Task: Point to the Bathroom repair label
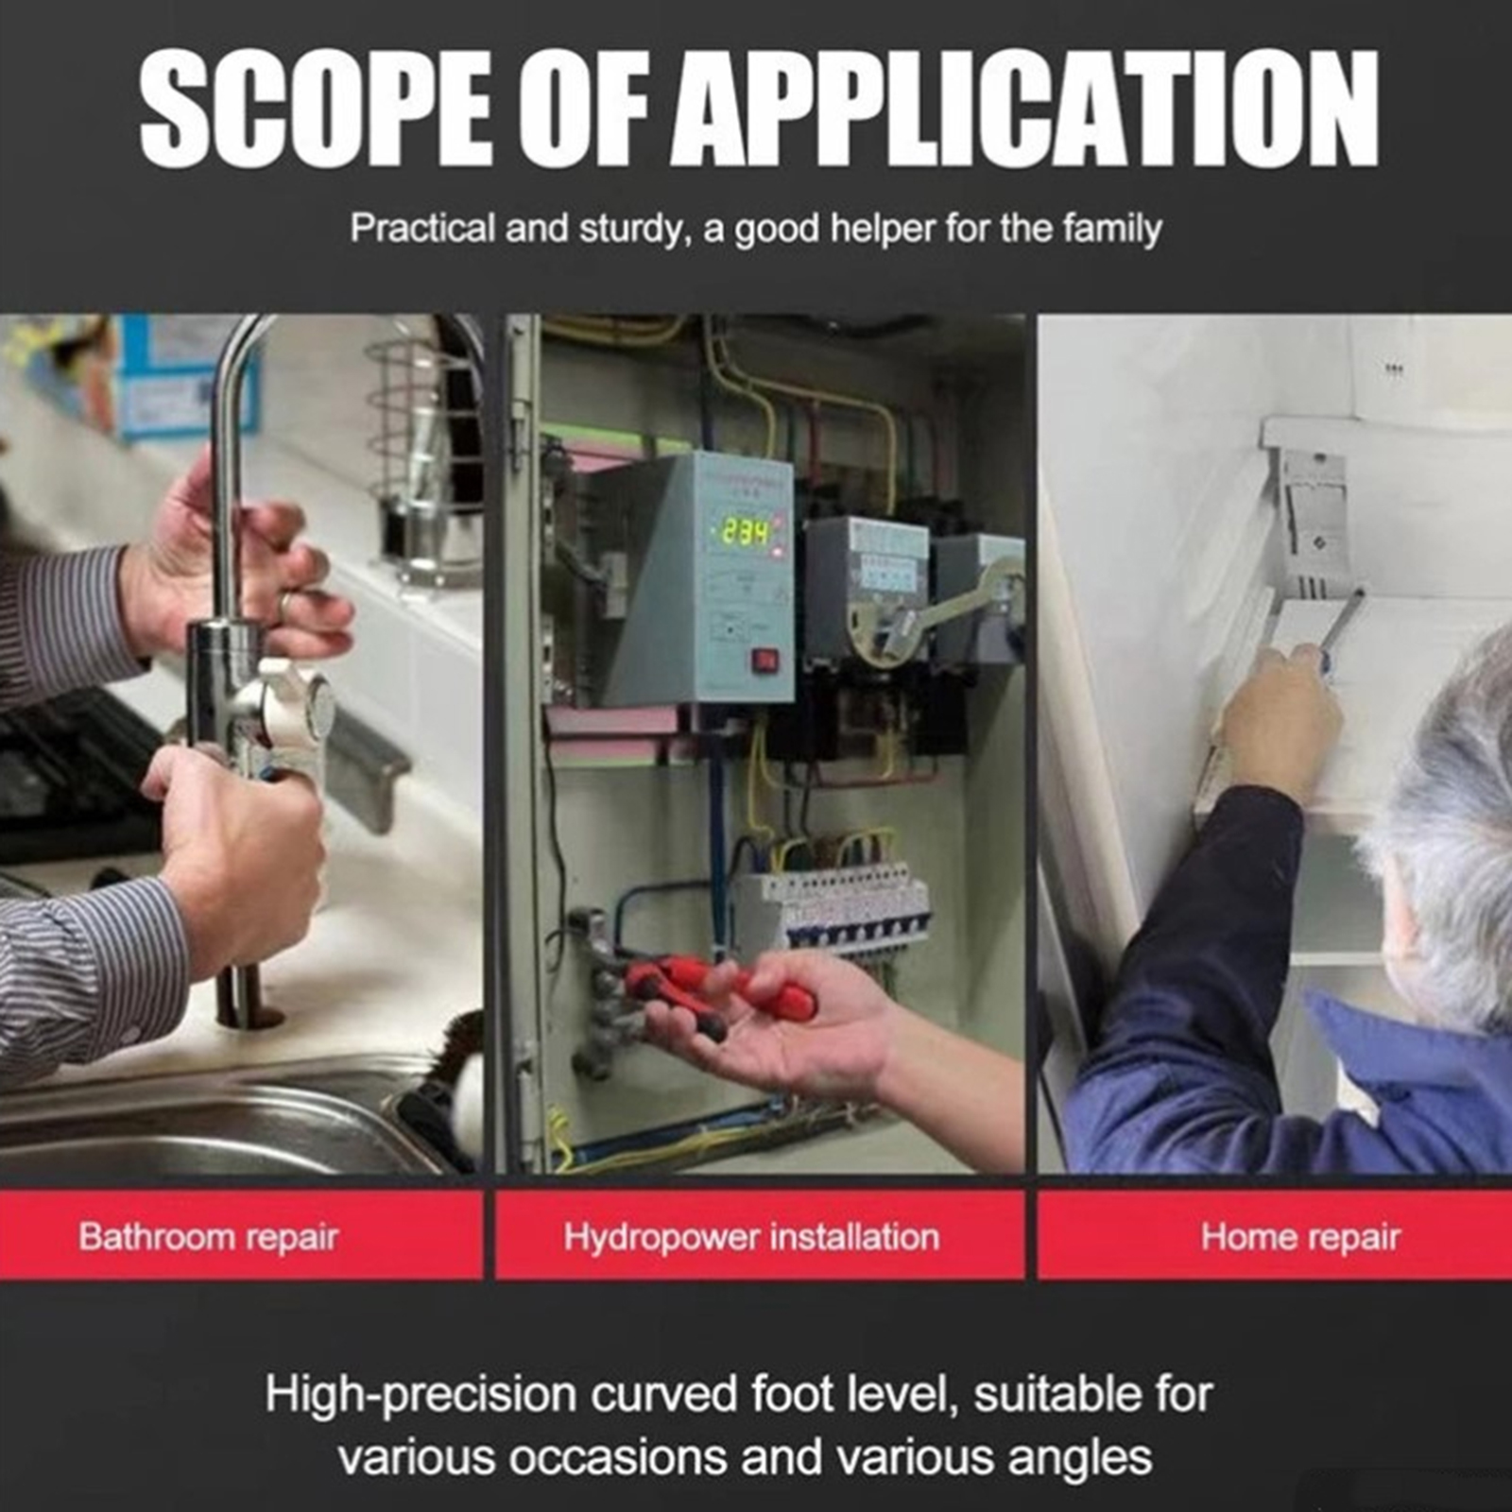pyautogui.click(x=209, y=1237)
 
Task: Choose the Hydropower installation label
pyautogui.click(x=751, y=1237)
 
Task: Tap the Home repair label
pyautogui.click(x=1300, y=1237)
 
